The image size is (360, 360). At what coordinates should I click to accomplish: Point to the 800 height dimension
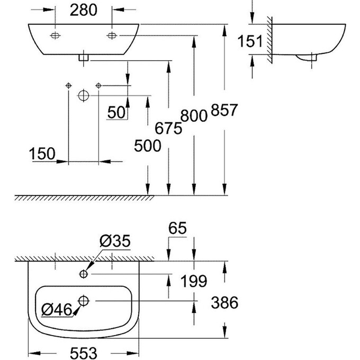coord(194,115)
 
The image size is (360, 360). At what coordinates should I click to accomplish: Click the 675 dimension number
coord(168,128)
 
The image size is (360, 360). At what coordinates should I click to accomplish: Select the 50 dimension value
coord(116,112)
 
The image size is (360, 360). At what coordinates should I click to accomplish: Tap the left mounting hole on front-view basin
coord(55,35)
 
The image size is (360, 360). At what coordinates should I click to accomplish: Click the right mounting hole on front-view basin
coord(112,35)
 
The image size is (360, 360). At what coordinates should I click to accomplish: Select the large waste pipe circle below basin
coord(83,95)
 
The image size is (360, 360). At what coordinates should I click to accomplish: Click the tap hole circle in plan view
coord(84,274)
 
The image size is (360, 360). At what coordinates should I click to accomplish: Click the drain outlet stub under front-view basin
coord(83,57)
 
